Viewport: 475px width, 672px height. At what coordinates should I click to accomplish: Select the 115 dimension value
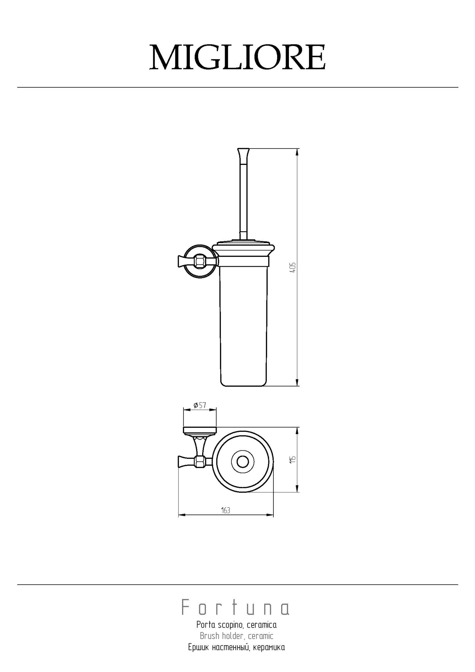point(293,459)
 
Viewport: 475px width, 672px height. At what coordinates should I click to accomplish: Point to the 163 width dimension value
point(226,510)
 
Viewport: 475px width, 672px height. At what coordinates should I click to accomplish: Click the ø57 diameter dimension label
point(200,405)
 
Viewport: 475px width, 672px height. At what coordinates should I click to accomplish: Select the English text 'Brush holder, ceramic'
point(236,636)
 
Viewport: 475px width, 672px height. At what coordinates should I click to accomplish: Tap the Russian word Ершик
point(199,647)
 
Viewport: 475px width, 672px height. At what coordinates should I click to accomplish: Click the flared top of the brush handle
point(244,154)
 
